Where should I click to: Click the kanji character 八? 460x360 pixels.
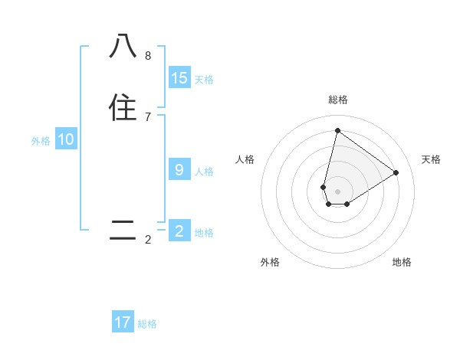123,47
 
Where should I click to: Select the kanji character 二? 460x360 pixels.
123,230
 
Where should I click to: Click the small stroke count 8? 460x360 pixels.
148,56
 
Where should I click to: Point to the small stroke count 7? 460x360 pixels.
148,116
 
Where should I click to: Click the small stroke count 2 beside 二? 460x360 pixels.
148,240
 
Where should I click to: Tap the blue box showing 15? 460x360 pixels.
179,78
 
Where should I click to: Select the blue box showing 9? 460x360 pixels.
179,170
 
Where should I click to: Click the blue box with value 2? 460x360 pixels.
179,231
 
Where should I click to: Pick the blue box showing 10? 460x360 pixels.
66,139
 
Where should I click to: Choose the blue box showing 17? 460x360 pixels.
123,322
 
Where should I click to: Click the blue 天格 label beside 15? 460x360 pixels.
204,80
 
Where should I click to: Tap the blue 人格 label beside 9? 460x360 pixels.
204,172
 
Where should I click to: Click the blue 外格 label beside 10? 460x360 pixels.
41,141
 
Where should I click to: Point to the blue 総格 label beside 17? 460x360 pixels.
147,324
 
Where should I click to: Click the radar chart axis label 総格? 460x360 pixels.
337,100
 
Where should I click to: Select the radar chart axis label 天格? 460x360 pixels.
431,159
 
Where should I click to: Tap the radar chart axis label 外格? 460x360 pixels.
270,262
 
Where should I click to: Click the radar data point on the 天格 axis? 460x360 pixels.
396,172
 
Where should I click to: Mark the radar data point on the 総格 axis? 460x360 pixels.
337,130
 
